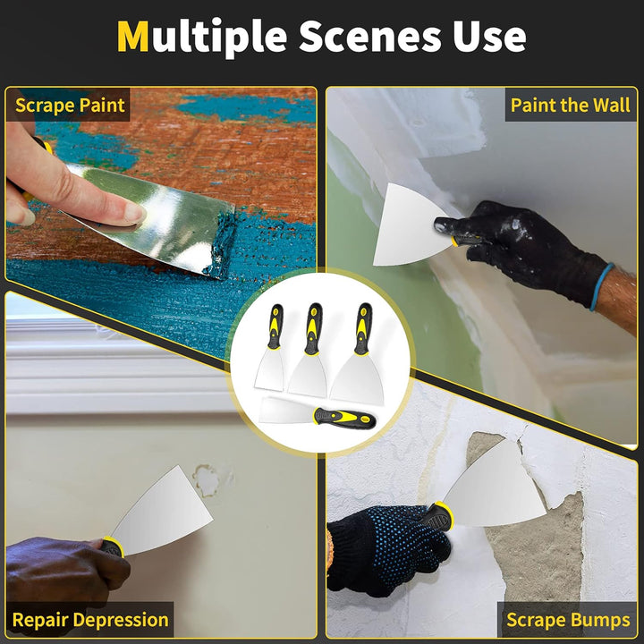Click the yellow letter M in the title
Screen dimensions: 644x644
point(133,37)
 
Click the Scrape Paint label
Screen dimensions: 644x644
point(70,106)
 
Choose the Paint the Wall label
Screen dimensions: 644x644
point(570,105)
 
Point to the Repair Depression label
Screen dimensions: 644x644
point(90,619)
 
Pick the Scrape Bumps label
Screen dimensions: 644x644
point(567,619)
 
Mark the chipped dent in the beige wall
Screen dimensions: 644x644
point(208,480)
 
